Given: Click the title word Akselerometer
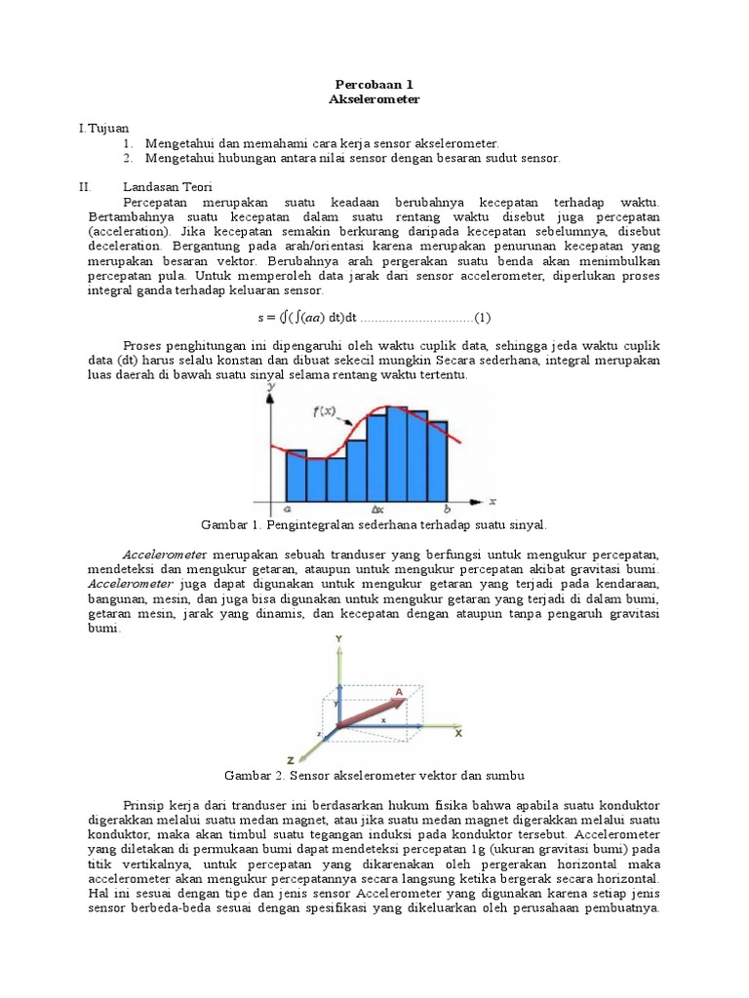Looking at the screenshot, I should tap(374, 100).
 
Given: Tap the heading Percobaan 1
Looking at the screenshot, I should tap(374, 86).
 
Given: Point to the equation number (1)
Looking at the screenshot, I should tap(483, 318).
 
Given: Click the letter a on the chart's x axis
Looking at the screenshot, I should tap(286, 509).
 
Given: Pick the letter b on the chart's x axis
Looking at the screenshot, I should tap(447, 509).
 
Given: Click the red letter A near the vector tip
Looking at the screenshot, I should tap(399, 690).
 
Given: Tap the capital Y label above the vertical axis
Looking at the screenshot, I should tap(337, 637).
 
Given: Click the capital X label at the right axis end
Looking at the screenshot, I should tap(457, 731).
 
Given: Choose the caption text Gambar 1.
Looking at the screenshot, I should tap(228, 524).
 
